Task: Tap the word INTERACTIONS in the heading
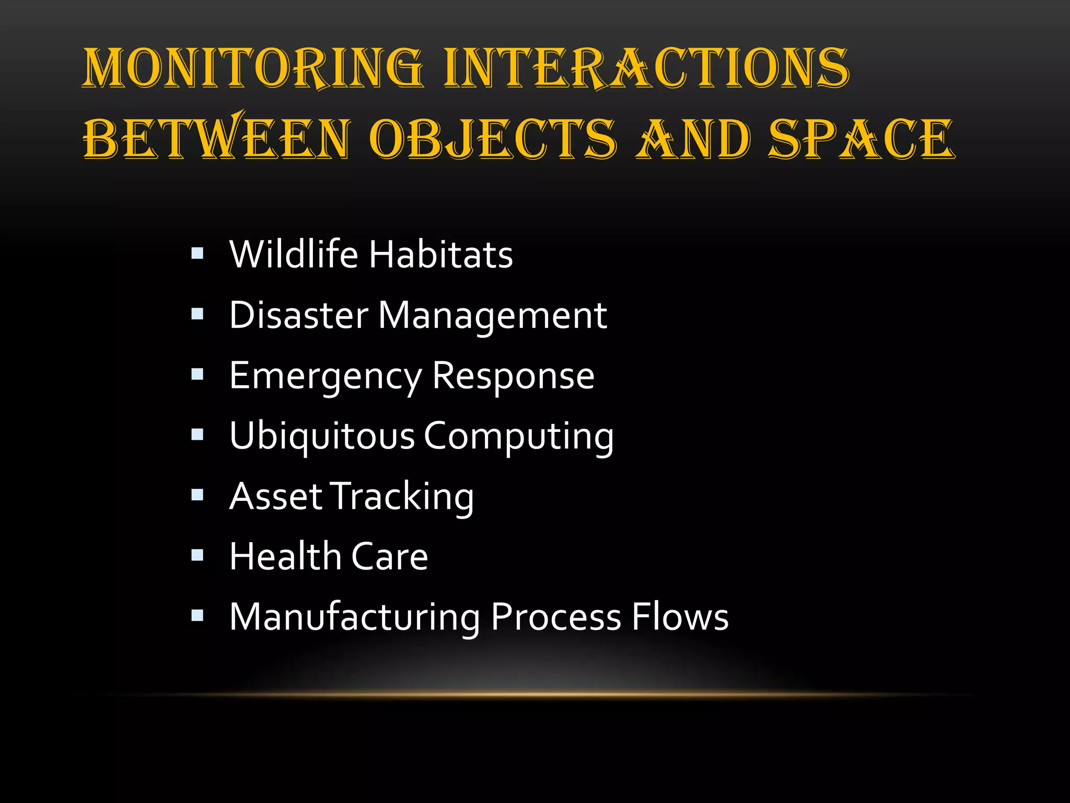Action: click(647, 68)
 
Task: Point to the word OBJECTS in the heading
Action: click(493, 139)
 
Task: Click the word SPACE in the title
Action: click(861, 139)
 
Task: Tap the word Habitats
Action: click(441, 254)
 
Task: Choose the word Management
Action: click(492, 317)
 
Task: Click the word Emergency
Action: click(325, 377)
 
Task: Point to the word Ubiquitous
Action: click(322, 437)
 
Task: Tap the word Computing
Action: click(518, 437)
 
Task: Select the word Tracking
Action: click(403, 497)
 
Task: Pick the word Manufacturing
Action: click(355, 617)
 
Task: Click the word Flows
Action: click(680, 617)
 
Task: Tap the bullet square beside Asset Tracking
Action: click(197, 495)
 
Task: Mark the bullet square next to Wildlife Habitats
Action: click(197, 254)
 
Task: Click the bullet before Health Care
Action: click(197, 555)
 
